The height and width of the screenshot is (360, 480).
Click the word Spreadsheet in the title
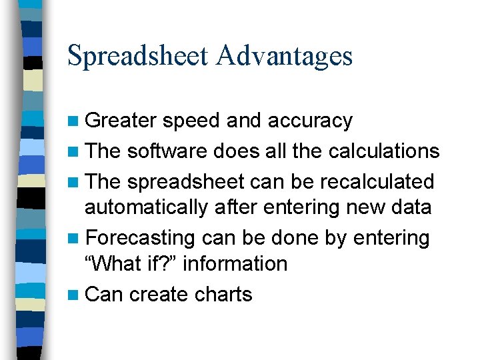click(137, 56)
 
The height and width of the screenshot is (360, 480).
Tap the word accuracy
click(310, 121)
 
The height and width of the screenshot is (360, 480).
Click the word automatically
click(146, 207)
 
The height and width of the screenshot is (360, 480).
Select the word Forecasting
click(141, 237)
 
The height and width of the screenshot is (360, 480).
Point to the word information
click(235, 263)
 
